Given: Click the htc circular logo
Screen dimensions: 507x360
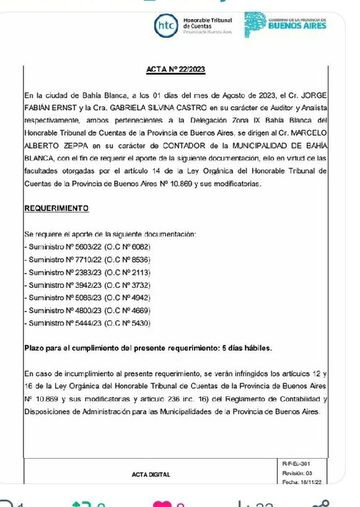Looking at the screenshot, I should pos(165,25).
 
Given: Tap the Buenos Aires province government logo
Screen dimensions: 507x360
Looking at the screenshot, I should pos(285,25).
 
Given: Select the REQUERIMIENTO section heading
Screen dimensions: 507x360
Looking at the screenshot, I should pos(56,209).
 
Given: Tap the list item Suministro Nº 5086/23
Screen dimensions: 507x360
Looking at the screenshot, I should pos(87,298).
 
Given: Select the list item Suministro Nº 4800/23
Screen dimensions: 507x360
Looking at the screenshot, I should pos(87,310).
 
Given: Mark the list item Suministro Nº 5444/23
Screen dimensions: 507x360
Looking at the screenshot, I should pos(87,323).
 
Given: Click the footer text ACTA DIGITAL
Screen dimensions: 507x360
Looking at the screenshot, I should pos(151,475).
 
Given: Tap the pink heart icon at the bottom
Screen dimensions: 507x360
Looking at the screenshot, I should pos(160,502).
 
